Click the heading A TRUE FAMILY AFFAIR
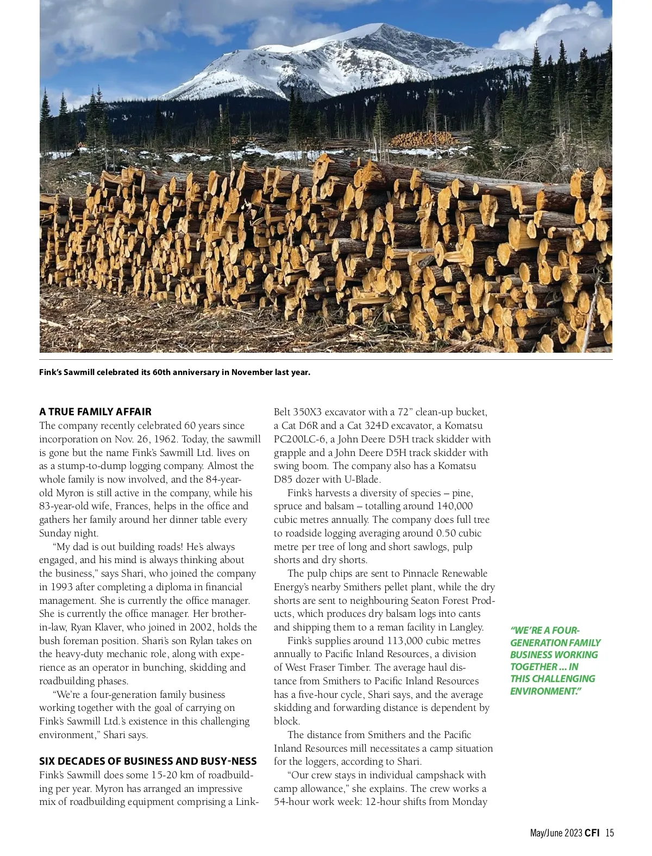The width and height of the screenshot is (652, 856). (x=95, y=411)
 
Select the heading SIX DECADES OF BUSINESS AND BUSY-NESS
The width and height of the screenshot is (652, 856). (x=148, y=761)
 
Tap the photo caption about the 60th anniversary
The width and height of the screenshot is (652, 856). (x=174, y=372)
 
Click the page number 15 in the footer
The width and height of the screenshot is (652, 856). (x=610, y=833)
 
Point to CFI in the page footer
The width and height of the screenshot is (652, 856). (x=593, y=833)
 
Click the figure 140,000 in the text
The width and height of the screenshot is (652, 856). (x=454, y=506)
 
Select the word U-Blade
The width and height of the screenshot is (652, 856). (x=361, y=479)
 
